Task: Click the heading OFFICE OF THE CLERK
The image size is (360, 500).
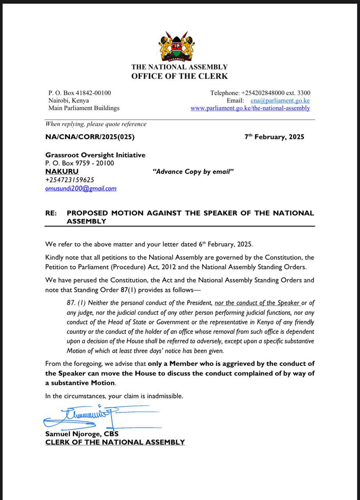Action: click(x=179, y=76)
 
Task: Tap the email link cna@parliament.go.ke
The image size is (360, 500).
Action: click(x=280, y=100)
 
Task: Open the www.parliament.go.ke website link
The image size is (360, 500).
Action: click(x=250, y=108)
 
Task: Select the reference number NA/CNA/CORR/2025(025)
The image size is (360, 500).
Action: click(x=90, y=137)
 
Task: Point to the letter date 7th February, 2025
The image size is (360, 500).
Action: click(x=274, y=137)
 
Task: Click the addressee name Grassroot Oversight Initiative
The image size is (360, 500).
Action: click(x=95, y=155)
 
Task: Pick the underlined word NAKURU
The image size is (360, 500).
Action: click(x=62, y=171)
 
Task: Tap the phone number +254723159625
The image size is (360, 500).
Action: click(x=70, y=180)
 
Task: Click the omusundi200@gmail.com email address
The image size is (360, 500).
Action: click(x=81, y=189)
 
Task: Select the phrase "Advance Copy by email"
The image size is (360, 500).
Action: click(x=192, y=171)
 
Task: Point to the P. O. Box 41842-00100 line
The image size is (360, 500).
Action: click(x=80, y=93)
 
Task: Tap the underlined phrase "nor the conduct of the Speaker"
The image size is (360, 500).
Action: click(x=257, y=303)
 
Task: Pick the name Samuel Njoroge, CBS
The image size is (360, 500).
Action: click(x=82, y=434)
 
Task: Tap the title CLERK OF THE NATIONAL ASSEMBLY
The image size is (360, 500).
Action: click(x=115, y=443)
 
